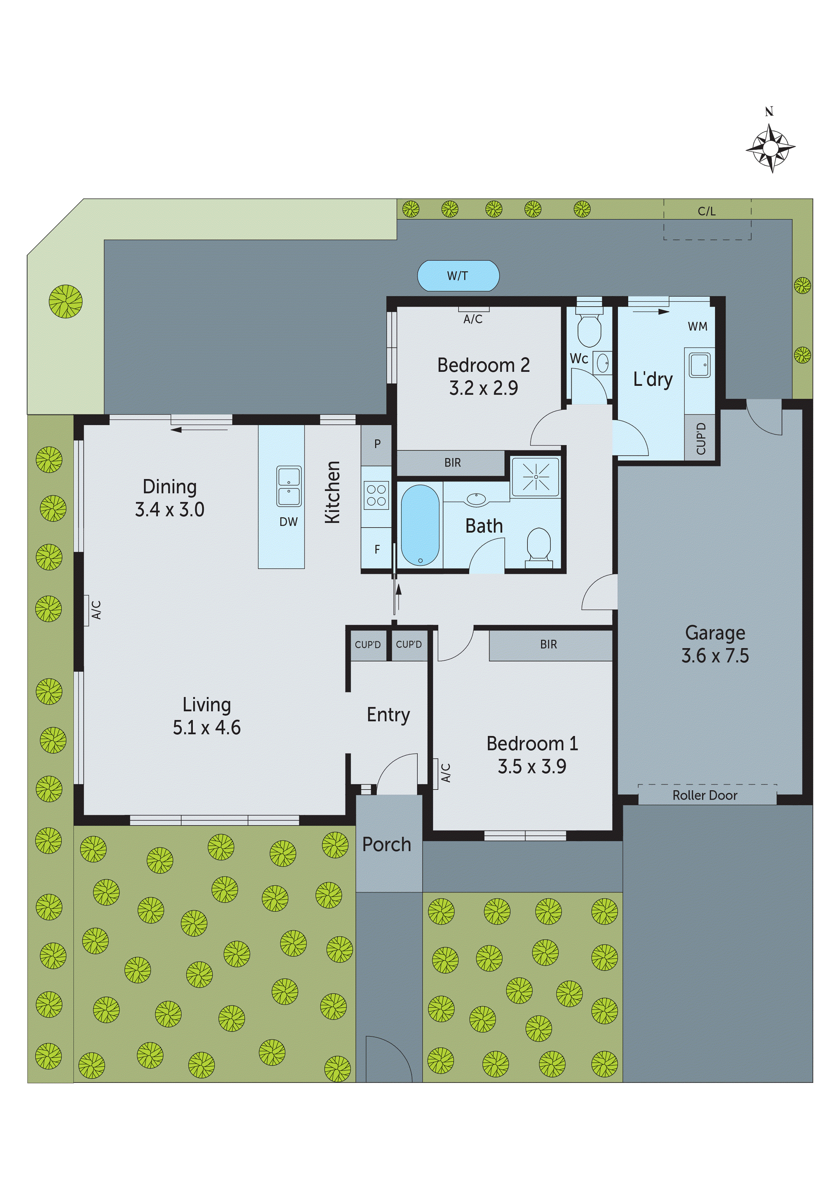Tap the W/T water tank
(458, 276)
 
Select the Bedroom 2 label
(483, 365)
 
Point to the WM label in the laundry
(697, 326)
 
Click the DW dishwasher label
(288, 522)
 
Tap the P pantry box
(377, 444)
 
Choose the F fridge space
(377, 549)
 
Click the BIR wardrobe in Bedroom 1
(549, 644)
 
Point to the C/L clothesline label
(707, 211)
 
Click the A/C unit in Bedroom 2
(473, 310)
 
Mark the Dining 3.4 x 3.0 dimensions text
(170, 509)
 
